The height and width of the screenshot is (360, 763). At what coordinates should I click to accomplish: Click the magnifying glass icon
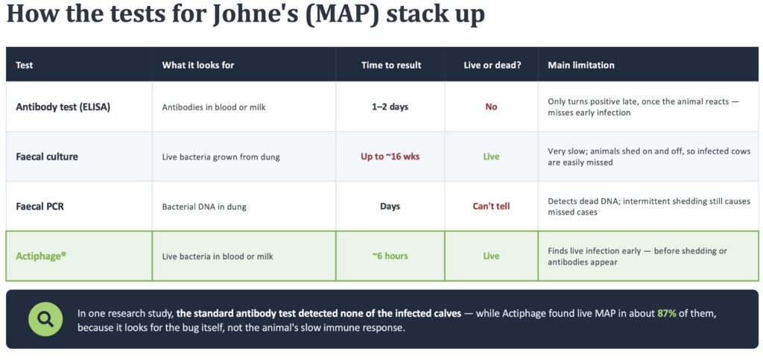point(45,319)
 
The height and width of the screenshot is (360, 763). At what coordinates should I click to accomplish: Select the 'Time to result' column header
point(391,65)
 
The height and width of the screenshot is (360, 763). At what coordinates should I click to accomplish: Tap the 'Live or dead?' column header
point(492,65)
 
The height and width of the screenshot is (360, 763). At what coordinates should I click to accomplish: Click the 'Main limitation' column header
point(581,65)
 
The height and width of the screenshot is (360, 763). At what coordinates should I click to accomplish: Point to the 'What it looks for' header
point(198,65)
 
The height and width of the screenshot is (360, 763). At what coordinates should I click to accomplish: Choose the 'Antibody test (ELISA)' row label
point(63,107)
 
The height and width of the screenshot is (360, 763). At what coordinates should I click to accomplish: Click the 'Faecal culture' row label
point(47,157)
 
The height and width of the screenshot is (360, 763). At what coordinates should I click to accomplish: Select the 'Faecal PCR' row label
point(40,206)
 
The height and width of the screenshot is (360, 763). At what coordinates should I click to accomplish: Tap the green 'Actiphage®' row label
point(41,256)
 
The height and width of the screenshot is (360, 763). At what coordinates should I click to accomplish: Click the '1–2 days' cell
point(390,107)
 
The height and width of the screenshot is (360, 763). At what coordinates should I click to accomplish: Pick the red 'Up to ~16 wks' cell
point(390,157)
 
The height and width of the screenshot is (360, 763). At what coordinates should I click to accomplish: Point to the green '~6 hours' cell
point(390,256)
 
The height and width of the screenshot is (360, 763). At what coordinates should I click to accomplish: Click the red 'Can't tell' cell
point(492,206)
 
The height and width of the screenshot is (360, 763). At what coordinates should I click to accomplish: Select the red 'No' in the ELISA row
point(492,107)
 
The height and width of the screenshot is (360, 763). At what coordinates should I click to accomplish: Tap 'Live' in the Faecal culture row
point(492,157)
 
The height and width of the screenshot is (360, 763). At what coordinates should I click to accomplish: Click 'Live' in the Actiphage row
point(492,256)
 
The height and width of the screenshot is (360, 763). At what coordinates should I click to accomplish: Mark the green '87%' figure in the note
point(667,313)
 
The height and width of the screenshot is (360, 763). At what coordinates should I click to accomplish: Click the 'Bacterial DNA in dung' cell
point(204,206)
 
